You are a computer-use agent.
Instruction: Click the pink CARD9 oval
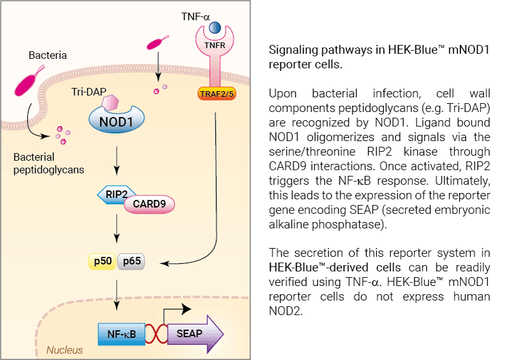(149, 204)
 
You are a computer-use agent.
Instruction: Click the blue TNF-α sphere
(215, 28)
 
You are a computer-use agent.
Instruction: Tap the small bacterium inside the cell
(154, 44)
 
